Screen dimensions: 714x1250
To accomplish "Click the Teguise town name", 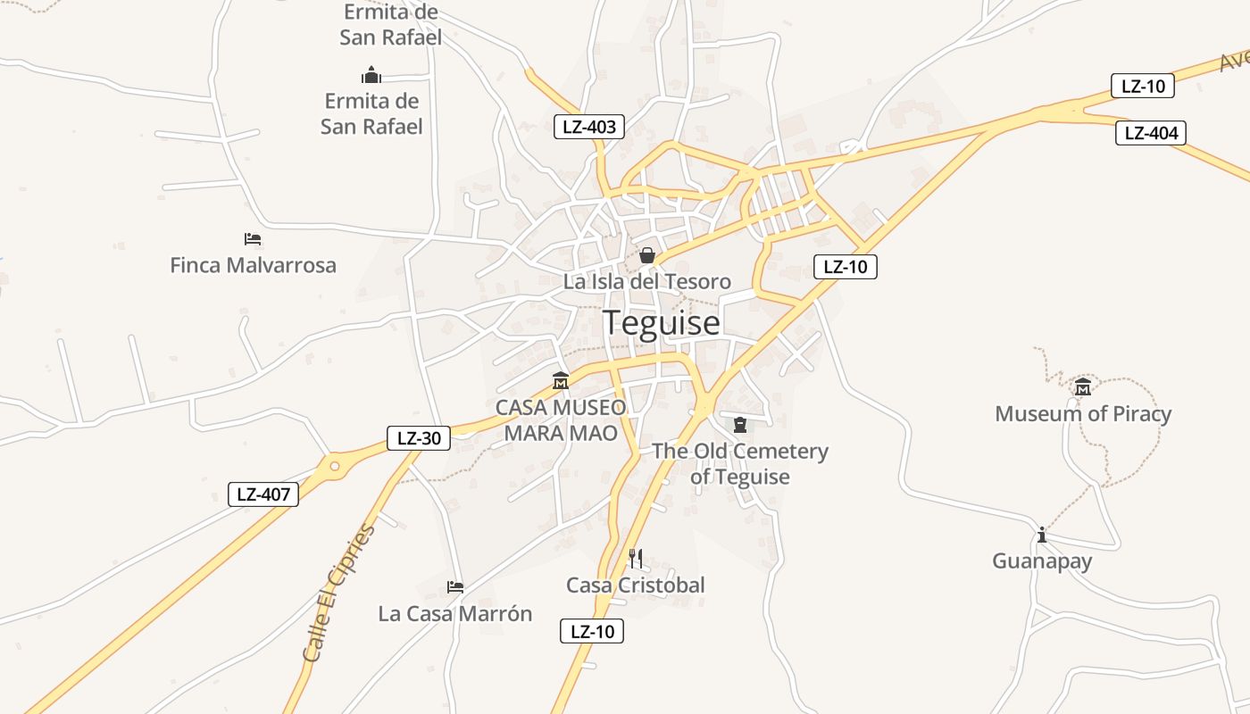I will tap(661, 322).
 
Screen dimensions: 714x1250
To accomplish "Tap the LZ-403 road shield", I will tap(588, 127).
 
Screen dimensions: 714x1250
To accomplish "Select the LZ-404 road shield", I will tap(1151, 134).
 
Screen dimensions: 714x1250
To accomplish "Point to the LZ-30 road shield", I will tap(419, 438).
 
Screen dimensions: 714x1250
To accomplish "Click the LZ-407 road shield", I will tap(264, 494).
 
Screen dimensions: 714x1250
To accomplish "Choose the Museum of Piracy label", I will tap(1082, 414).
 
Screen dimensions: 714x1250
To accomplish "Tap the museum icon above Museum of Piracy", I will tap(1083, 386).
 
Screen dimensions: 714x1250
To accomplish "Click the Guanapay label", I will tap(1042, 561).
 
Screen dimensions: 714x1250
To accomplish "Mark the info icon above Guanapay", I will tap(1042, 535).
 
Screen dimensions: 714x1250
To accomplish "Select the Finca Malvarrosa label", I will tap(253, 265).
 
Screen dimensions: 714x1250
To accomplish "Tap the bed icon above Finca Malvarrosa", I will tap(253, 239).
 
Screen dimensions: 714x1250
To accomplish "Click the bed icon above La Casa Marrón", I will tap(455, 587).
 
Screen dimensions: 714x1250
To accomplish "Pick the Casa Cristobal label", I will tap(635, 585).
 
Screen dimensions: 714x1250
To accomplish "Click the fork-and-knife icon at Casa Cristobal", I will tap(636, 559).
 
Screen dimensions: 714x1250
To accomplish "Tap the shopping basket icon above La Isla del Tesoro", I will tap(647, 256).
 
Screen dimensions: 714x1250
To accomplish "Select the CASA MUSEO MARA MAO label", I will tap(561, 420).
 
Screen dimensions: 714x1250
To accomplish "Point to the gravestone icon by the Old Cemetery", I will tap(739, 425).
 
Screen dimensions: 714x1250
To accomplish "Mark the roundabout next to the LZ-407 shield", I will tap(335, 465).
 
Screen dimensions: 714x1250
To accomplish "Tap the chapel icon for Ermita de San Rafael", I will tap(371, 75).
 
